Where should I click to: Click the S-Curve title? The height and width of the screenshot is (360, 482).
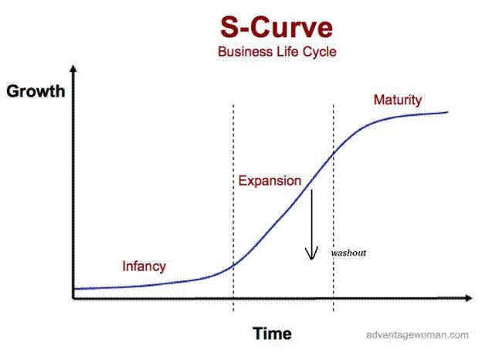(277, 27)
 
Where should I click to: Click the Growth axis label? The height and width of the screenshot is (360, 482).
(36, 91)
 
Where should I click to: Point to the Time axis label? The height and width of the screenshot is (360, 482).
(272, 334)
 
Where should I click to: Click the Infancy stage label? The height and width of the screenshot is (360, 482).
(144, 267)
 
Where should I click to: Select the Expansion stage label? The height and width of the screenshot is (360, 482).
(270, 181)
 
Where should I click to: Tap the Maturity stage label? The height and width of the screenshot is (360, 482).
(398, 100)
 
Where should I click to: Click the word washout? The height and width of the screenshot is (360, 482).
(348, 253)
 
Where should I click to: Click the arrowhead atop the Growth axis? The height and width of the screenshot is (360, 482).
(73, 68)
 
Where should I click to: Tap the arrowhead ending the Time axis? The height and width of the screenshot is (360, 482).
(469, 297)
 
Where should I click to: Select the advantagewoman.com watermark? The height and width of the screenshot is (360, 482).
(417, 335)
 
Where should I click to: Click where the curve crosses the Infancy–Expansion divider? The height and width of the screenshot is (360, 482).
(233, 265)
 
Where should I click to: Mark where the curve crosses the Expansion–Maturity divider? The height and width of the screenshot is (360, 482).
(334, 153)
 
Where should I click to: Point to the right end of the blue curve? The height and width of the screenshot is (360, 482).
(447, 112)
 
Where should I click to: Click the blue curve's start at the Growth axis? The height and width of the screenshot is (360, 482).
(74, 289)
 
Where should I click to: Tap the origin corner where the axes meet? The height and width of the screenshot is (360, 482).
(73, 298)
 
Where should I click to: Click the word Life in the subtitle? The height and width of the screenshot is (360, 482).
(287, 51)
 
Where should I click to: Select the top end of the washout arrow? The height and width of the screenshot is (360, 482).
(311, 190)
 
